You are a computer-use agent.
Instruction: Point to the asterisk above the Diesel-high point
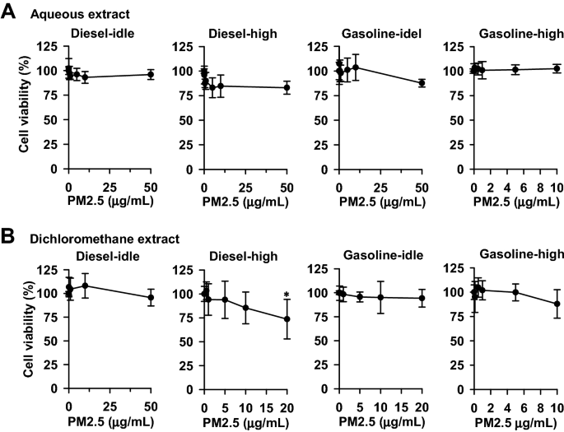[287, 296]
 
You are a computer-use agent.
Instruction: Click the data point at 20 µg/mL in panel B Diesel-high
[287, 319]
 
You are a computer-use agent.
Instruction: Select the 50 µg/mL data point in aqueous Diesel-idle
[151, 74]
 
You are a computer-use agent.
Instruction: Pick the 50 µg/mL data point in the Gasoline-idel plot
[422, 82]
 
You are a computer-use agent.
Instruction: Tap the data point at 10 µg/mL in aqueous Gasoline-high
[557, 68]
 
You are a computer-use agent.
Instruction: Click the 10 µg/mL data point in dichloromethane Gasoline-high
[557, 304]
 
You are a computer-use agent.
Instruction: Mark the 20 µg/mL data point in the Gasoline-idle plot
[422, 298]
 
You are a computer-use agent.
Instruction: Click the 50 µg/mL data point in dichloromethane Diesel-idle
[151, 298]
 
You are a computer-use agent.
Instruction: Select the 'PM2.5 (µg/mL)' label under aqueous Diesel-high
[245, 200]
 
